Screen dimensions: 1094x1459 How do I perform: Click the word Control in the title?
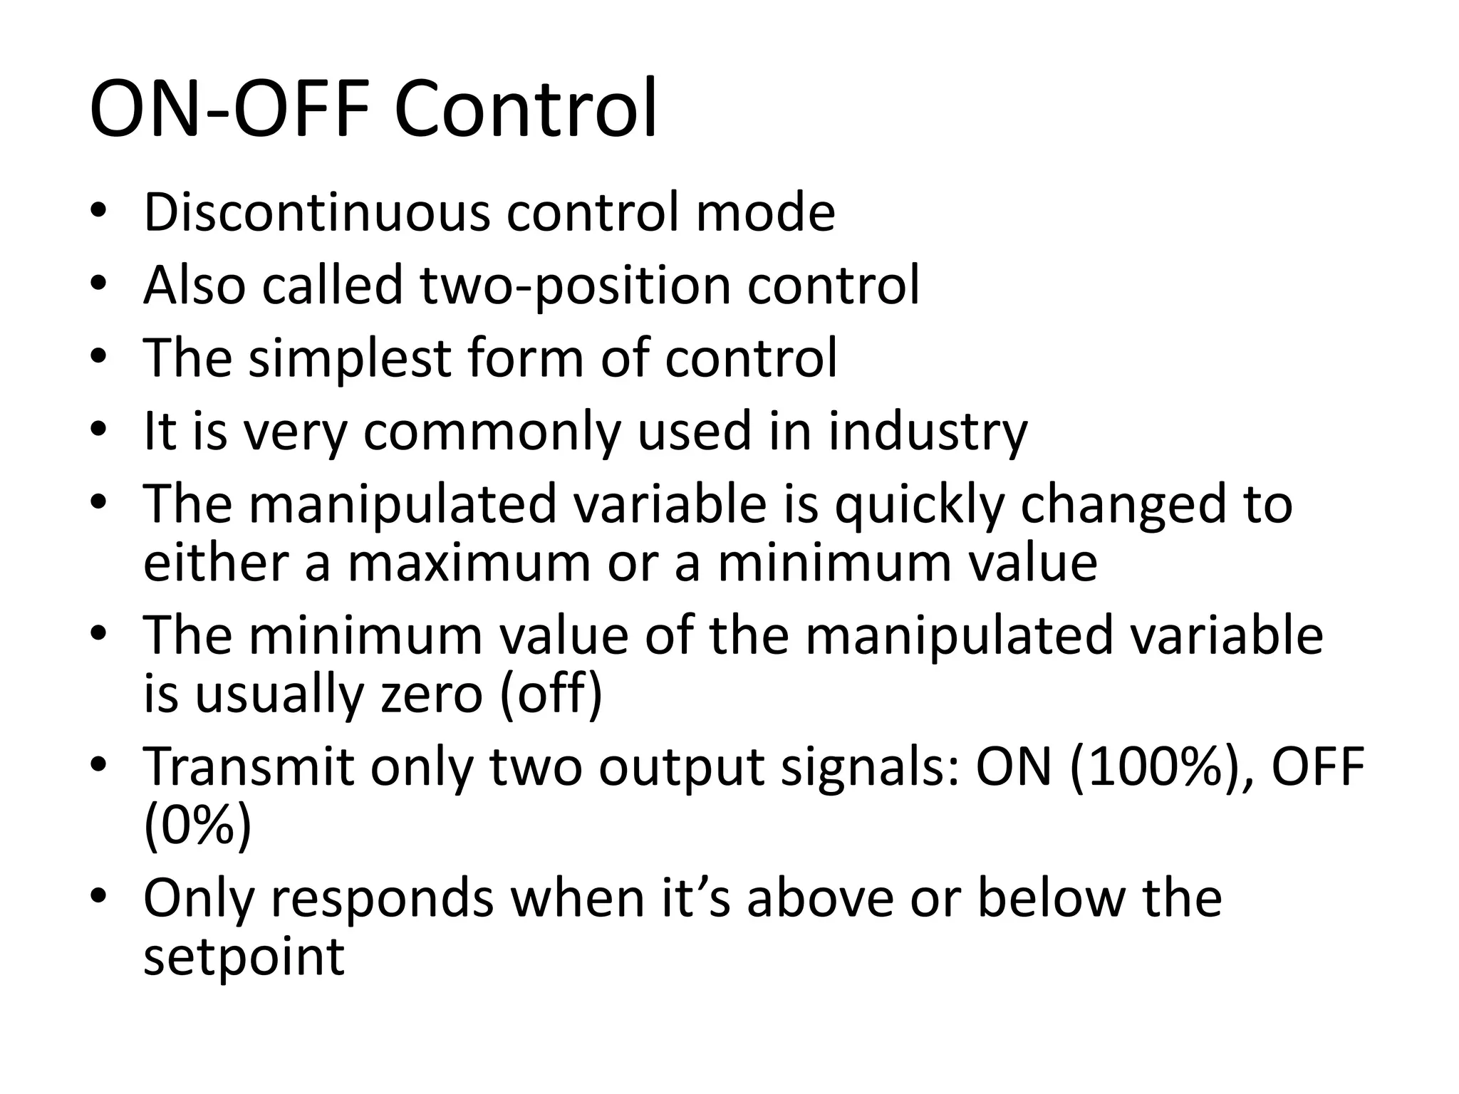525,110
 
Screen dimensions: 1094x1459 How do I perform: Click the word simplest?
349,358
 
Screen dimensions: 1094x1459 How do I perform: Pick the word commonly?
492,433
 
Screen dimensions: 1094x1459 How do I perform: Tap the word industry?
928,433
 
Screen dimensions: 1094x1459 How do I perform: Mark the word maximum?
469,563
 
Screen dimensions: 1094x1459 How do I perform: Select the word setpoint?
244,957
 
